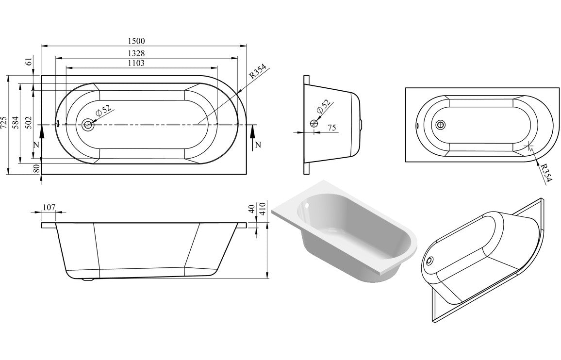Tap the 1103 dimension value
(136, 63)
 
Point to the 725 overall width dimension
(4, 124)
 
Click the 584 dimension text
(15, 124)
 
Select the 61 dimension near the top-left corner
(29, 61)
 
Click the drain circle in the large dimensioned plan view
(88, 125)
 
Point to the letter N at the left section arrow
(35, 145)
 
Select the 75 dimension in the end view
(332, 128)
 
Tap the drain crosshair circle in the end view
(314, 123)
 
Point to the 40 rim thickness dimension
(251, 209)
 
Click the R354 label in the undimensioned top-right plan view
(545, 173)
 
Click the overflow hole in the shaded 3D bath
(306, 206)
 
